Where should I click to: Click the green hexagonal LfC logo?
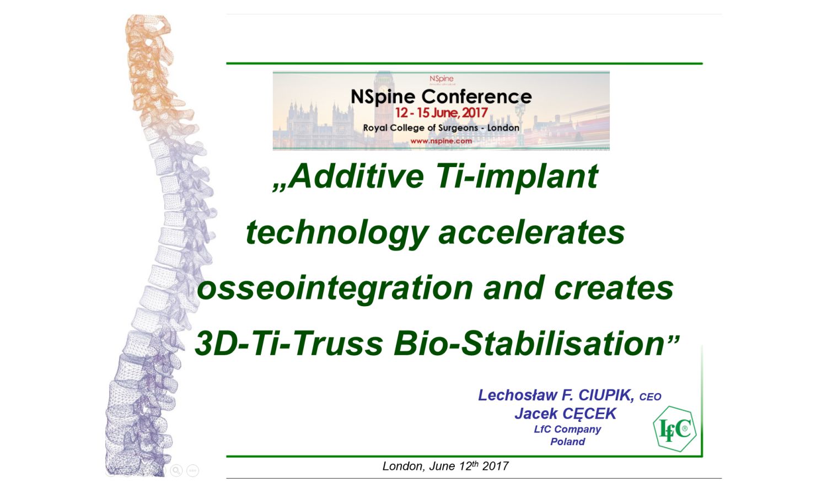click(675, 429)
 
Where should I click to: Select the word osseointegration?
click(335, 289)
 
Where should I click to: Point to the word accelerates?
click(531, 233)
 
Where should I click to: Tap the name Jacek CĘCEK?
click(566, 414)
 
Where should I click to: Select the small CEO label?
click(650, 397)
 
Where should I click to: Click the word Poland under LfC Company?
click(567, 442)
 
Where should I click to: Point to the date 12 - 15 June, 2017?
click(442, 113)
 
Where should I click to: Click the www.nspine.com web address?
click(441, 141)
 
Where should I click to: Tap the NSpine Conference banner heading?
click(441, 97)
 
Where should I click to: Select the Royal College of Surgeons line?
click(441, 128)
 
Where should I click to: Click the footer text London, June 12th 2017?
click(445, 466)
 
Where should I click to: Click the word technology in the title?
click(337, 233)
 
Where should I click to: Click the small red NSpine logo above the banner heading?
click(441, 79)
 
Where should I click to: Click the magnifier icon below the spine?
click(176, 470)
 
